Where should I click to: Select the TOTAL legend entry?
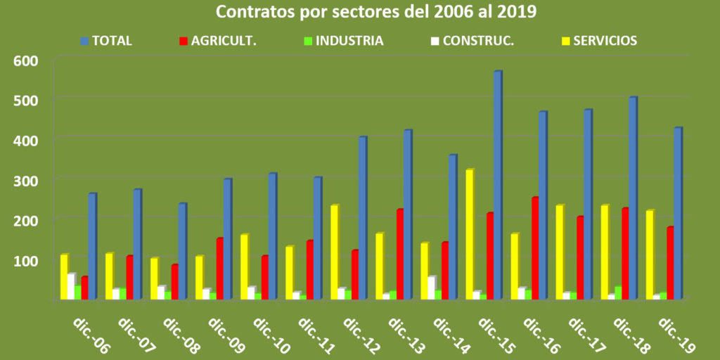[x=112, y=41]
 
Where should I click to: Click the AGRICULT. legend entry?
[x=224, y=41]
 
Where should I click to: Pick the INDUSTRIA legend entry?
[x=349, y=41]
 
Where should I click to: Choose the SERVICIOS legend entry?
[x=605, y=41]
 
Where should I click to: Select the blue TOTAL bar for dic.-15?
[x=497, y=186]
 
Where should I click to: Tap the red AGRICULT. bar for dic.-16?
[x=534, y=248]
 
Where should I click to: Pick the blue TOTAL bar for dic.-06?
[x=91, y=246]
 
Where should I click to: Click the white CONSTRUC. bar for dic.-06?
[x=70, y=286]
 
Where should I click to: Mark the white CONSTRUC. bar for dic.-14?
[x=431, y=288]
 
